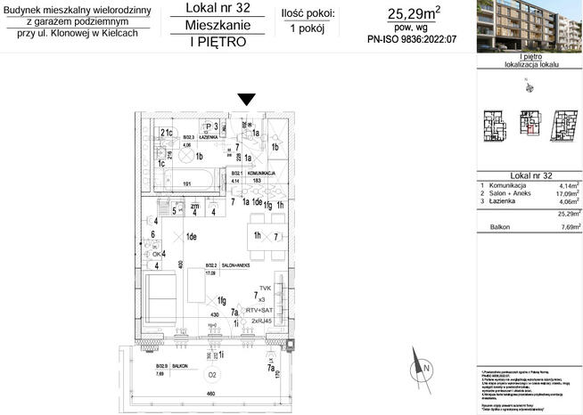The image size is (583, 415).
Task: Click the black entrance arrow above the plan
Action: (247, 99)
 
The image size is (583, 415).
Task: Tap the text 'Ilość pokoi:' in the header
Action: (308, 12)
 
